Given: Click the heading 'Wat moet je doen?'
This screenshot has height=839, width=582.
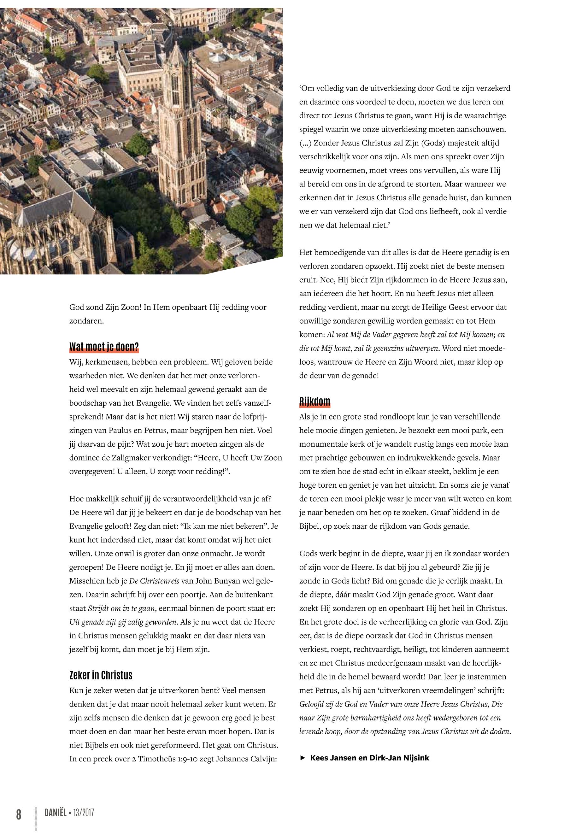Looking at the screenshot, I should (104, 346).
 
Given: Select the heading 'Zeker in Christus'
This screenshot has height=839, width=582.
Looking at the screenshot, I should (101, 675).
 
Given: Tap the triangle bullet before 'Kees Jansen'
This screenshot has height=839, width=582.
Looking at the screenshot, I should (302, 758).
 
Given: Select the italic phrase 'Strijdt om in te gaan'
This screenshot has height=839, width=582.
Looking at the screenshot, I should (122, 608).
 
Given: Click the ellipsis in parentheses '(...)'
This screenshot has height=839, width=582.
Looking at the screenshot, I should (305, 143).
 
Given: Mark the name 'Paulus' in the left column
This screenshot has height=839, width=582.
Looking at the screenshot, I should (120, 430).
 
